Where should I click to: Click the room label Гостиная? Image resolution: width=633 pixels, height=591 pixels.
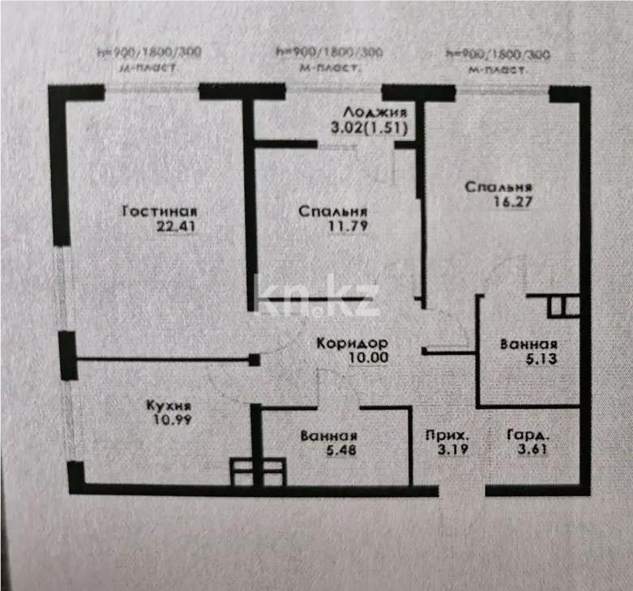point(160,212)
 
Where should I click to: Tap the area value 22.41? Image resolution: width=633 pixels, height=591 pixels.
point(176,227)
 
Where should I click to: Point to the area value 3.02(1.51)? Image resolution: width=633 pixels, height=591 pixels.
point(368,127)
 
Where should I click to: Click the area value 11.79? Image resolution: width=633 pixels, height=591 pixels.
point(349,227)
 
